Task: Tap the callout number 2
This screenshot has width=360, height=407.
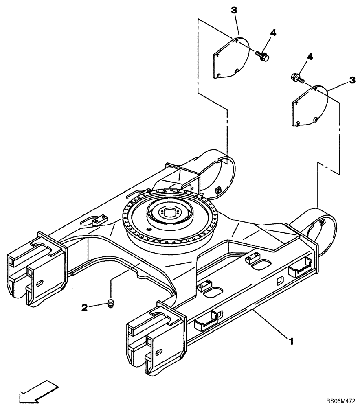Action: point(84,308)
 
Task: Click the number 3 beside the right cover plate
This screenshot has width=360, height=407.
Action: point(351,81)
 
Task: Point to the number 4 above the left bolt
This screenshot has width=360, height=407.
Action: point(273,33)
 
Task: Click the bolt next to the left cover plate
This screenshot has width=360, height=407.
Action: point(262,57)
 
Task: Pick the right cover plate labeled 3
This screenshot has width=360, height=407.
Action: point(310,105)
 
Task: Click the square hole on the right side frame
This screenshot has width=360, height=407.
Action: point(280,281)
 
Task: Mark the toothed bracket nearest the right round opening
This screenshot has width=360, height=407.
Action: point(299,269)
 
